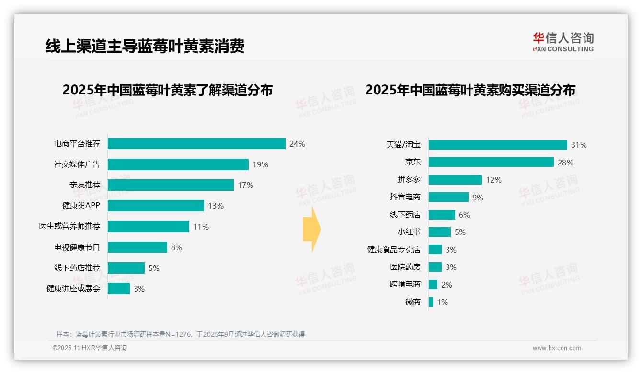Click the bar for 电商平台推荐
point(196,144)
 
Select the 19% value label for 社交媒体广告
point(261,164)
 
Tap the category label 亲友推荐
point(84,185)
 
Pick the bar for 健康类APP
point(156,206)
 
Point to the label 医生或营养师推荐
point(69,226)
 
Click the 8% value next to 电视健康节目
point(176,247)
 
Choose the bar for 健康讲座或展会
point(119,289)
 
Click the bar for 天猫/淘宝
point(498,145)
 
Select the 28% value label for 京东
point(565,163)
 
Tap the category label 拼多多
point(409,180)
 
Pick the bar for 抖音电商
point(448,197)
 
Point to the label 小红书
point(409,232)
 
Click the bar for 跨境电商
point(433,284)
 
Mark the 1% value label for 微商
point(442,302)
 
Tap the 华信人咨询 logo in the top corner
point(563,42)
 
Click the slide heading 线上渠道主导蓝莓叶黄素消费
point(145,46)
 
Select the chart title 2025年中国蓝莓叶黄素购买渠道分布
point(470,90)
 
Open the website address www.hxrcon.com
point(557,348)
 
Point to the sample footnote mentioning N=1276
point(181,334)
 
